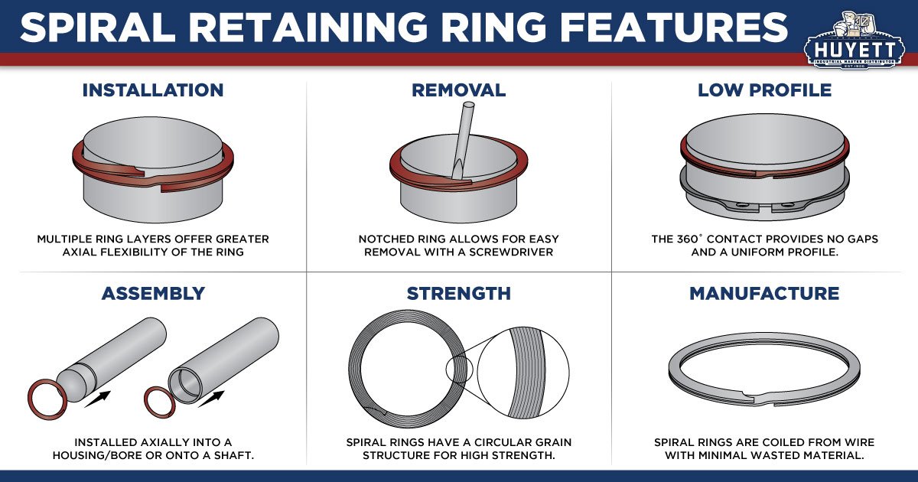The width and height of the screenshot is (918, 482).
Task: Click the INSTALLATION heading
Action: (153, 90)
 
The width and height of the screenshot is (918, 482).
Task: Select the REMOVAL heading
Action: (458, 90)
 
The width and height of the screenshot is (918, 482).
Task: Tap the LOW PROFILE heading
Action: (764, 90)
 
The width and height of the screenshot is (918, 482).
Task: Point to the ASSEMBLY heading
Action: (153, 294)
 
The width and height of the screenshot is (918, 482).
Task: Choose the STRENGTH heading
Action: (458, 294)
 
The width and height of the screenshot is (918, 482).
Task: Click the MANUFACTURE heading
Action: (764, 294)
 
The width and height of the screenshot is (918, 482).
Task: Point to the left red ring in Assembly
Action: (45, 399)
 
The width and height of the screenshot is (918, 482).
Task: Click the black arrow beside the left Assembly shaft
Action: (97, 399)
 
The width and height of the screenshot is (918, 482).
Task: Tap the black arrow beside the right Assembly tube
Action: (213, 399)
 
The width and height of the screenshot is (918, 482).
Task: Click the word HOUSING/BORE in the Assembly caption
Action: (124, 455)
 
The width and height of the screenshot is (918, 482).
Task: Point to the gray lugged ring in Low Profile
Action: (764, 197)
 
